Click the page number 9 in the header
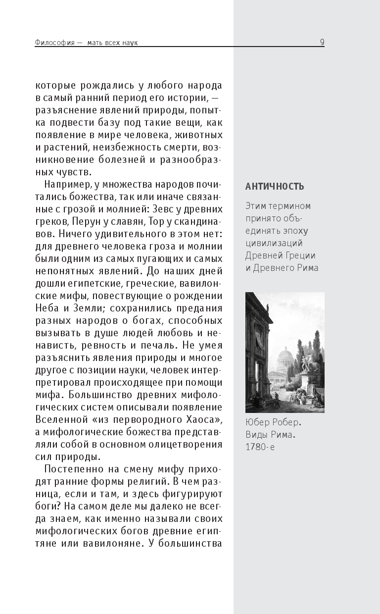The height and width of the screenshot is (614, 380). [322, 42]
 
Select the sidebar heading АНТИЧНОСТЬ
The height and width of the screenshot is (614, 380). [275, 186]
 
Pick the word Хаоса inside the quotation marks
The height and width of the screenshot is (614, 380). [200, 419]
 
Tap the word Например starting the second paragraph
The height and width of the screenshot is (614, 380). [66, 185]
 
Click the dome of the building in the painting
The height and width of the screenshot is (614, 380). [286, 355]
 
